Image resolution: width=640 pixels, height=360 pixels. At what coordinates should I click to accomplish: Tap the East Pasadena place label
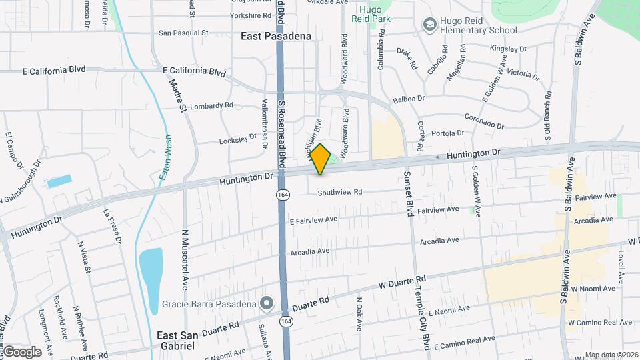click(276, 36)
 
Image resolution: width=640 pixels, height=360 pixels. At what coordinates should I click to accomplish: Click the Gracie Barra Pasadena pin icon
click(267, 304)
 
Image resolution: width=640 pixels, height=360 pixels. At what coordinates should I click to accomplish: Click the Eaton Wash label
click(167, 161)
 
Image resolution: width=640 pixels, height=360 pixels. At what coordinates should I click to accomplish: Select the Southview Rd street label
click(339, 192)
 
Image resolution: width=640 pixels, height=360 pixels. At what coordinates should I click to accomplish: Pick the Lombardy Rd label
click(211, 105)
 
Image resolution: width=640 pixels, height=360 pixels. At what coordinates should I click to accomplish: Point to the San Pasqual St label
click(183, 32)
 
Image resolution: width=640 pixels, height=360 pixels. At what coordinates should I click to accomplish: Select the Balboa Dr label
click(409, 99)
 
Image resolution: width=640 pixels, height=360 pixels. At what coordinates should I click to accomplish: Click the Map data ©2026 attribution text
click(611, 355)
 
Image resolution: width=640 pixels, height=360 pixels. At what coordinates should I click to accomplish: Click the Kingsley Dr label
click(508, 49)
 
